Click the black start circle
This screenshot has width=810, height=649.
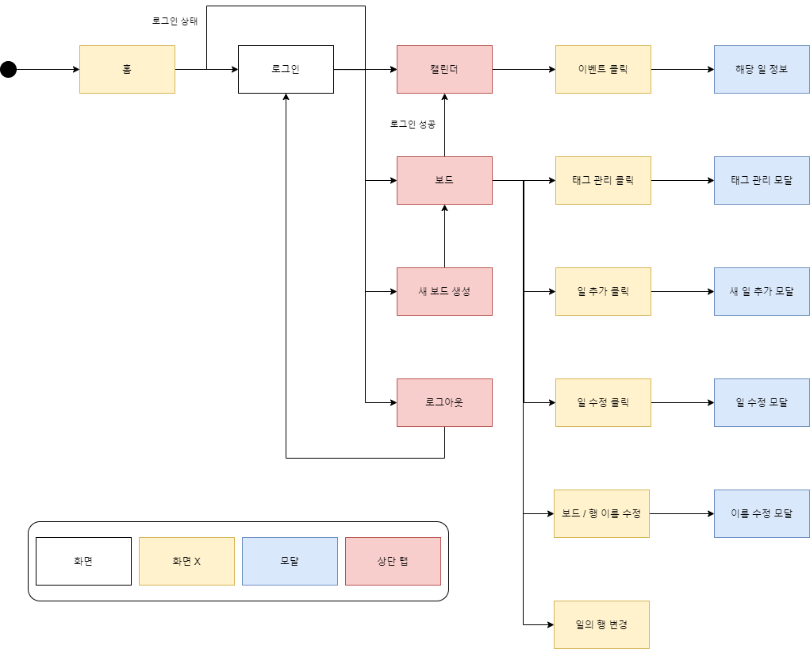tap(8, 70)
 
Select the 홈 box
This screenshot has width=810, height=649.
tap(127, 70)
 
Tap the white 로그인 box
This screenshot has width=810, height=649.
tap(286, 70)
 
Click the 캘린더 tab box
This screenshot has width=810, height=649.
tap(444, 70)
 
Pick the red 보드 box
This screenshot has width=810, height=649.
tap(444, 180)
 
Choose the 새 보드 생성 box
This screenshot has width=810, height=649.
tap(444, 291)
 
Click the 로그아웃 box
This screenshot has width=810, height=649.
tap(444, 402)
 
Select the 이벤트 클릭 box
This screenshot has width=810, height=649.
tap(603, 70)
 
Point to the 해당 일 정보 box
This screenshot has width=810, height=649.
tap(762, 70)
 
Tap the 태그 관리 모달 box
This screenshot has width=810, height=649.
tap(762, 180)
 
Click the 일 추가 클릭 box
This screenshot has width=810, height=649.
tap(603, 291)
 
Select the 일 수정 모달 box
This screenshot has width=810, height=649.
tap(762, 402)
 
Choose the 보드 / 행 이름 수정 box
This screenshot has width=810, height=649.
tap(601, 513)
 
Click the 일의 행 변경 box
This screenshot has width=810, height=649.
tap(601, 624)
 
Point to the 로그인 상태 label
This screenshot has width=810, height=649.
tap(175, 21)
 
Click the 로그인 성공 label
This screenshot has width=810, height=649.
tap(412, 125)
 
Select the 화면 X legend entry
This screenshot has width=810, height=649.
tap(186, 561)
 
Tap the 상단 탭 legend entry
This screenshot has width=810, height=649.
tap(393, 561)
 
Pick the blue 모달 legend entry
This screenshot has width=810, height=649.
tap(290, 561)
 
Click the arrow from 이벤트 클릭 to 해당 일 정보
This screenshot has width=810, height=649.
tap(682, 70)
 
